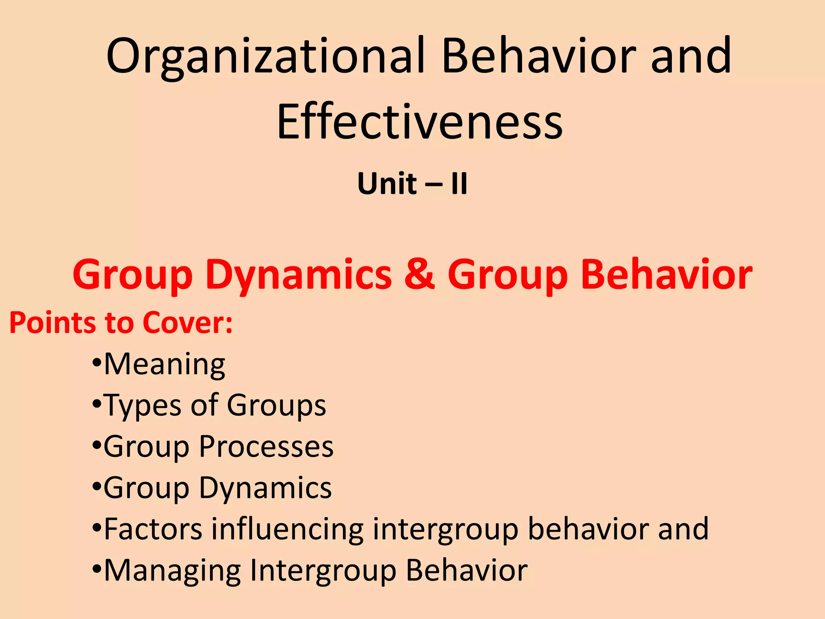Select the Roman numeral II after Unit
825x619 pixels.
tap(459, 184)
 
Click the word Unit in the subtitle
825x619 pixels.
tap(387, 184)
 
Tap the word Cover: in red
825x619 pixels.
tap(188, 323)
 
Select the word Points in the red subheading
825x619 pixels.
tap(52, 323)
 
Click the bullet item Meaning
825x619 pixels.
tap(164, 365)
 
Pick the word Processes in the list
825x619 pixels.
tap(266, 447)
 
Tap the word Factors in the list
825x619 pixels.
tap(153, 529)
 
